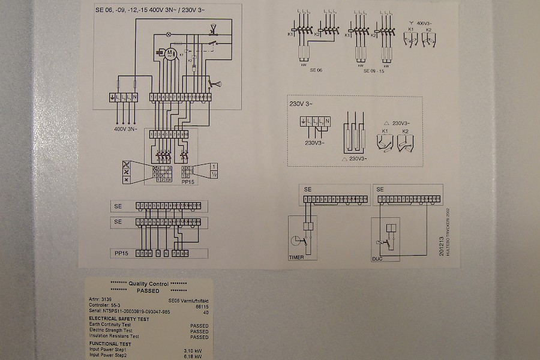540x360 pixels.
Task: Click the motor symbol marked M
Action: tap(170, 54)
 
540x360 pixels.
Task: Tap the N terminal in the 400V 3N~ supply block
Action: tap(135, 97)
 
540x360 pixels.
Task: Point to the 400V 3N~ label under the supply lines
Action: tap(125, 128)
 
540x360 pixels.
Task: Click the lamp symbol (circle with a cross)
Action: tap(169, 34)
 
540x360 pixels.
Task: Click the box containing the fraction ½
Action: tap(214, 174)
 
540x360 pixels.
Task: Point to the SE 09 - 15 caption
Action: tap(374, 70)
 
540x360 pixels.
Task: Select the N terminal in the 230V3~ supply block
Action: tap(327, 122)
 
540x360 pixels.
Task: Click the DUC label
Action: tap(377, 259)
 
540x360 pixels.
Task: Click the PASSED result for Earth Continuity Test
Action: tap(199, 326)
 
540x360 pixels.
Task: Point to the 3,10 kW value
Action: tap(193, 350)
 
